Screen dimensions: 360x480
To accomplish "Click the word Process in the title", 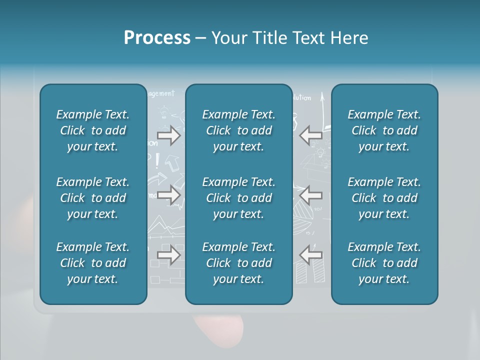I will click(157, 38).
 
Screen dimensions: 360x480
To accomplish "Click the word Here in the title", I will click(349, 38).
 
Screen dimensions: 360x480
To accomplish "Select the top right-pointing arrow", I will click(168, 135).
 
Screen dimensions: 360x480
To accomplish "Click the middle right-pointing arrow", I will click(168, 195).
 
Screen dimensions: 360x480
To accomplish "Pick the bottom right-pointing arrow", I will click(168, 255).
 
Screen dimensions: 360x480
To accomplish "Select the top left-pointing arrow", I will click(310, 135).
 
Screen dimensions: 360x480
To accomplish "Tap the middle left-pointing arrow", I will click(310, 195).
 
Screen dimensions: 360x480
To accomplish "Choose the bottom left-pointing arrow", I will click(310, 255).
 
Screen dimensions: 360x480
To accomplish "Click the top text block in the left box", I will click(93, 130).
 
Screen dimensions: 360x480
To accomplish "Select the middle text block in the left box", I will click(93, 198).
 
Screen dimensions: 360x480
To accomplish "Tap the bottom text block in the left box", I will click(93, 263).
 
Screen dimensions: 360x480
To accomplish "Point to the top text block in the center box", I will click(239, 130).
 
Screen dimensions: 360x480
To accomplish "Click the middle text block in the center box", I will click(239, 198).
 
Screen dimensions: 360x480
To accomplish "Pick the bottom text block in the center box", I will click(239, 263).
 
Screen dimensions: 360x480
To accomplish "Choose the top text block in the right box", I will click(384, 130).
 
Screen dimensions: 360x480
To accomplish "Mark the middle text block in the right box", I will click(384, 198).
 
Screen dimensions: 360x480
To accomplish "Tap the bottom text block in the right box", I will click(384, 263).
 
